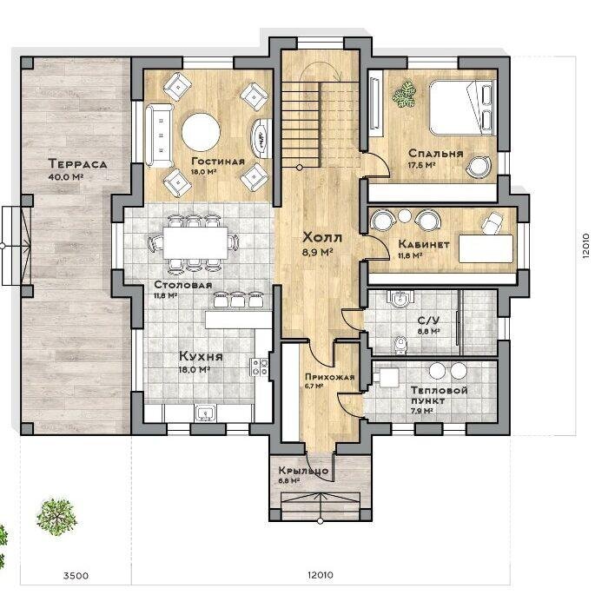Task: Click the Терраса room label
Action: [x=77, y=163]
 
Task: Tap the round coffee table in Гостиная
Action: [x=201, y=133]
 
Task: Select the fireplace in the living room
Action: [x=261, y=138]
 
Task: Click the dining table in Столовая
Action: [x=195, y=242]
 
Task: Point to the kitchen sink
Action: [x=205, y=413]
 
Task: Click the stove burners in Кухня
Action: [x=259, y=367]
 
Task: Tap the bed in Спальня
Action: [x=461, y=108]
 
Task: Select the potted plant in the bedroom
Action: [x=404, y=94]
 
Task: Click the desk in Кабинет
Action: [x=486, y=248]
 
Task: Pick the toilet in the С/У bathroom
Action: [x=400, y=346]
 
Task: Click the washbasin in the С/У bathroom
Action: [x=400, y=299]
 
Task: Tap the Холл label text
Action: [x=322, y=237]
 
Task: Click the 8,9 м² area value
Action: [x=318, y=252]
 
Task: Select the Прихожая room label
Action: [x=330, y=377]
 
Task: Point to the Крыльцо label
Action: [x=303, y=471]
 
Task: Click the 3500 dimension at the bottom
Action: [x=76, y=575]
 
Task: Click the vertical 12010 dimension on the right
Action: [x=585, y=246]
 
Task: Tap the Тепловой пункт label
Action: [x=439, y=395]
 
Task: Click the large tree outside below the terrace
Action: [x=56, y=518]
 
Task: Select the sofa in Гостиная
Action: [x=159, y=135]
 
